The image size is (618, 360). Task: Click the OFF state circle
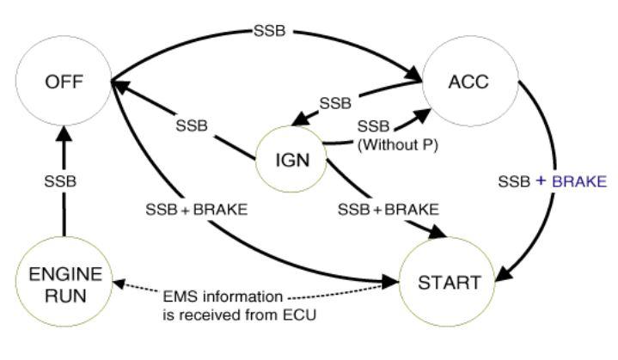pyautogui.click(x=64, y=84)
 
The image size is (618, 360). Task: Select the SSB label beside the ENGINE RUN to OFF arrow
pyautogui.click(x=59, y=181)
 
